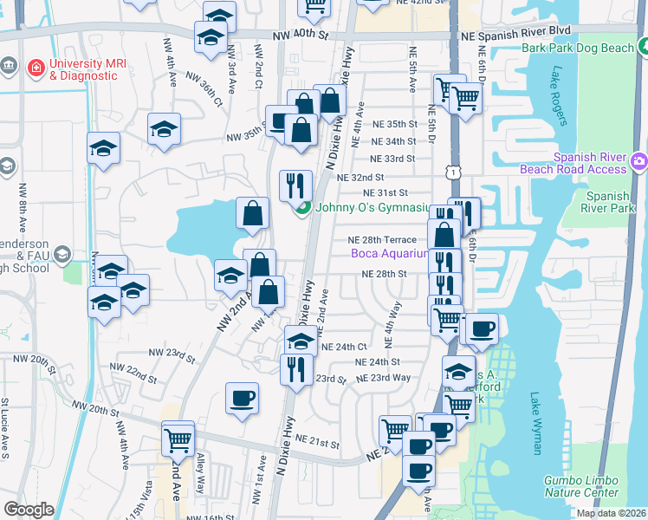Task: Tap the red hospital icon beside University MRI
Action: pyautogui.click(x=36, y=66)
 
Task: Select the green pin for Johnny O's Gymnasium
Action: pyautogui.click(x=303, y=208)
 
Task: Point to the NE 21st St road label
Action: pyautogui.click(x=315, y=443)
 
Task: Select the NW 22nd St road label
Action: pyautogui.click(x=128, y=373)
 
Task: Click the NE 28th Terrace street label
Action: pyautogui.click(x=382, y=240)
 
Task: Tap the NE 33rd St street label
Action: pyautogui.click(x=392, y=159)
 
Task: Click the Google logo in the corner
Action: pyautogui.click(x=29, y=510)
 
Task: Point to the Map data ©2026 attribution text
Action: pyautogui.click(x=610, y=513)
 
